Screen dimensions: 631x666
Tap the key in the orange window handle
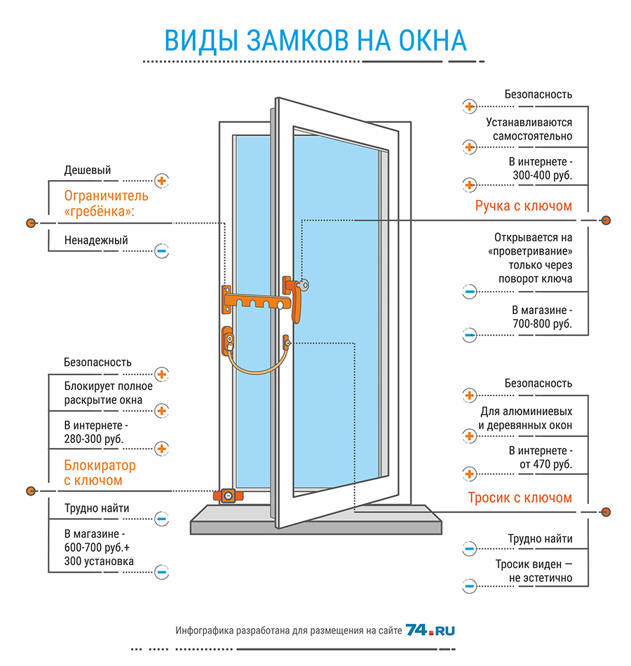303,285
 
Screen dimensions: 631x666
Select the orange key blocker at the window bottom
228,496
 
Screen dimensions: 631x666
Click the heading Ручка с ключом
524,206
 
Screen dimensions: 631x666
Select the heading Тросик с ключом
520,497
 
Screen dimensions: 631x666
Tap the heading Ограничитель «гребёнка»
107,203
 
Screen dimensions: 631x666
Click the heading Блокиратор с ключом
100,473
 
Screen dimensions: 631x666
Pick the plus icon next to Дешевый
161,181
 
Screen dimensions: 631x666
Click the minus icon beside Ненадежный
161,251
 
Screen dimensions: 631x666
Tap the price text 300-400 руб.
542,175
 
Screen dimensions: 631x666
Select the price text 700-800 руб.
542,324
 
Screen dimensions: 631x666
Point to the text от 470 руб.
545,464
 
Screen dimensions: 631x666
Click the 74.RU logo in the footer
430,630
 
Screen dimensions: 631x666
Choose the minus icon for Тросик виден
470,587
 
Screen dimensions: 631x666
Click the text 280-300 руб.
94,439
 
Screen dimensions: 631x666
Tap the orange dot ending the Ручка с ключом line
606,220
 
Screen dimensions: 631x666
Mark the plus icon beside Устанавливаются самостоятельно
470,147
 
